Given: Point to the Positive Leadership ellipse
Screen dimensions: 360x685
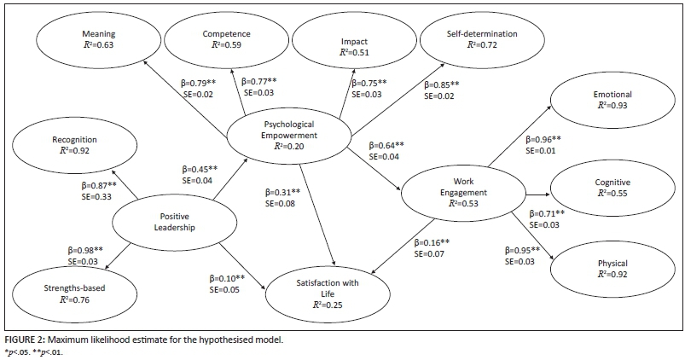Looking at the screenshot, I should tap(162, 221).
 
